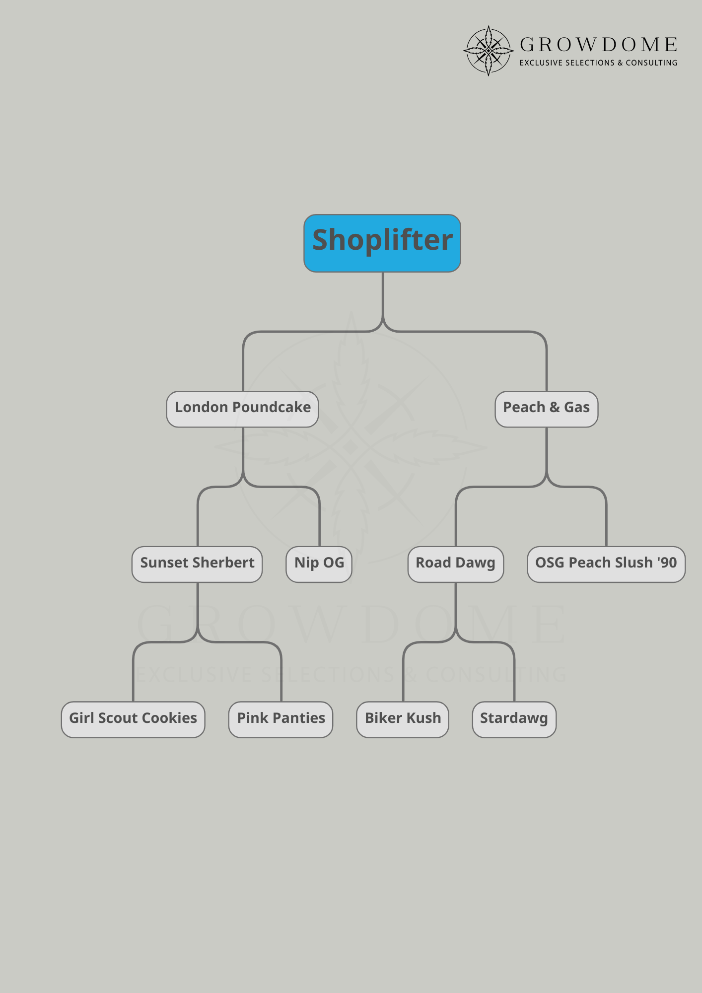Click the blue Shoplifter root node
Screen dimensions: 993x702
point(382,243)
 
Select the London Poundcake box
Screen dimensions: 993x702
point(242,409)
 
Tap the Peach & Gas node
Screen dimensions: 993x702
point(546,409)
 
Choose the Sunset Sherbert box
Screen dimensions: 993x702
point(197,564)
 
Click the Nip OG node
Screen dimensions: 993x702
point(319,564)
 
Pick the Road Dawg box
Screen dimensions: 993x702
point(455,564)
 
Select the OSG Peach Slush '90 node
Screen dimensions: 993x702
point(606,564)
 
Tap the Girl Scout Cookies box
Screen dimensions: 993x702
point(133,719)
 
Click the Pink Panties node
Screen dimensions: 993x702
point(281,719)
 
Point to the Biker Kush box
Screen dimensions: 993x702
point(403,719)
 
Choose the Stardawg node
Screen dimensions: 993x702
point(514,719)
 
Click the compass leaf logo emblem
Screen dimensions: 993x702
point(489,51)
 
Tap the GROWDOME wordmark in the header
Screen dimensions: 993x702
point(599,45)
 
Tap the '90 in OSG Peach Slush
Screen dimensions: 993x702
point(667,563)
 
